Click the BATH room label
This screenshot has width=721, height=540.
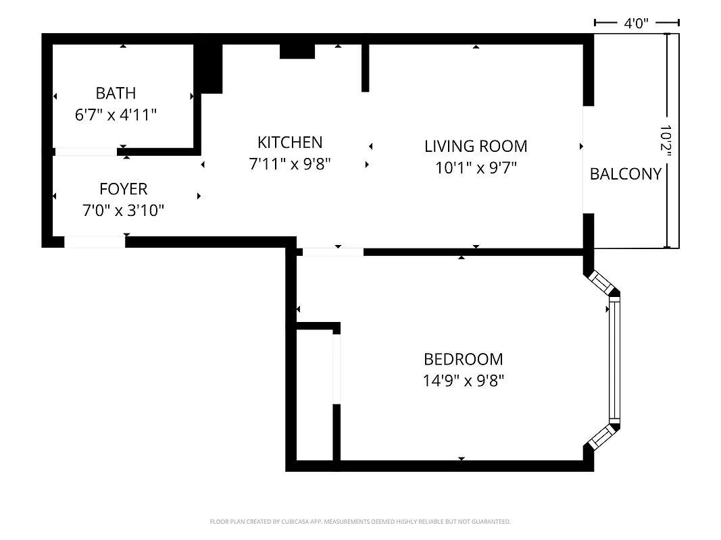click(116, 93)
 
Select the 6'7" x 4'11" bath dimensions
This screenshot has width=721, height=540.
click(116, 115)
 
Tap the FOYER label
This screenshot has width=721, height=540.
click(123, 189)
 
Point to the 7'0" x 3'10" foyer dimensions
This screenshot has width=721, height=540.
click(123, 211)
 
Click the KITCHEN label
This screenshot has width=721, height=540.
click(290, 142)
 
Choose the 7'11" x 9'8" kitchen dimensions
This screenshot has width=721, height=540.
click(290, 164)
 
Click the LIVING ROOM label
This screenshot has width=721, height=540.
click(476, 146)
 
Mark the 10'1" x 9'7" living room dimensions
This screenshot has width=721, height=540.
click(476, 168)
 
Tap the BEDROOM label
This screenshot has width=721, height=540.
click(463, 359)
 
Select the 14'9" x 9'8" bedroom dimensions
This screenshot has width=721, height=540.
click(463, 381)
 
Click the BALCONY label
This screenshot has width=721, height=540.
click(625, 174)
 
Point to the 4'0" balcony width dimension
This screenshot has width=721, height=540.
click(636, 24)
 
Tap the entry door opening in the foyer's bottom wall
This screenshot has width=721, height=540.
click(95, 242)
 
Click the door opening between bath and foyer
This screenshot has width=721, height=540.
click(85, 152)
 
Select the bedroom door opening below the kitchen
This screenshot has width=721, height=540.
click(332, 252)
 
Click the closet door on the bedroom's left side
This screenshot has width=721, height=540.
click(336, 369)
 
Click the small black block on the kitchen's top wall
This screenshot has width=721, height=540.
click(297, 51)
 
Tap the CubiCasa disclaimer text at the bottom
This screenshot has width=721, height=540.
click(360, 522)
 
